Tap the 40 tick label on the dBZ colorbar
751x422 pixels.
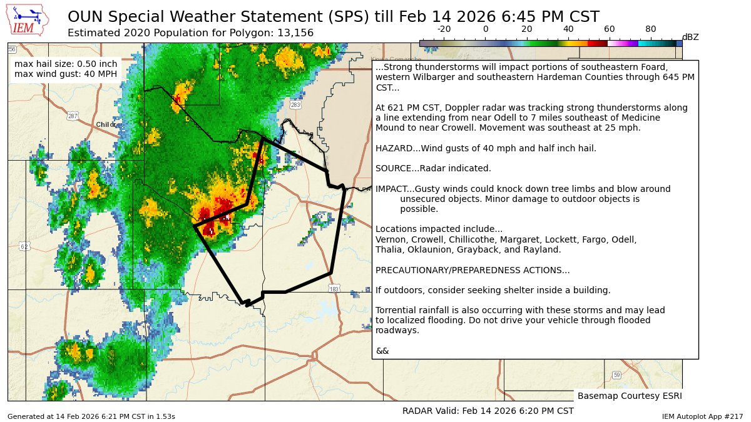[568, 29]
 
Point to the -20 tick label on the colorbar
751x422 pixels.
[444, 29]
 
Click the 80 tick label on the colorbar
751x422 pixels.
[651, 29]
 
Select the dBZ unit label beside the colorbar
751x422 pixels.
[690, 38]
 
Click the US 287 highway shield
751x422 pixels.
[73, 116]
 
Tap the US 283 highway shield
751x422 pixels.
[295, 105]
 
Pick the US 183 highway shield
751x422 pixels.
[334, 289]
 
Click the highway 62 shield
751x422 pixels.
[24, 246]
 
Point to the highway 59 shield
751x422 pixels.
[617, 374]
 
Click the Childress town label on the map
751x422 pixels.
[106, 125]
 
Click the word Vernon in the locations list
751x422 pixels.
[389, 239]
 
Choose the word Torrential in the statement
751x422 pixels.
[396, 310]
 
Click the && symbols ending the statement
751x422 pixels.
[382, 351]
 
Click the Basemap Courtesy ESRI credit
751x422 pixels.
[629, 396]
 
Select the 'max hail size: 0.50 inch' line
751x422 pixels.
[66, 64]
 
